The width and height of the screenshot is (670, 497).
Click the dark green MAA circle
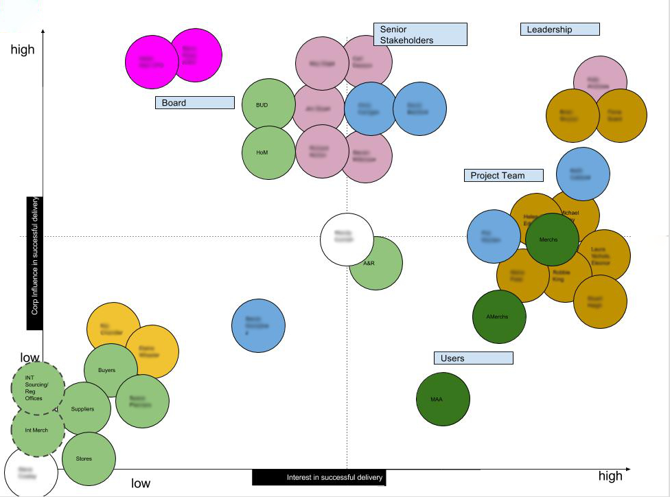pos(443,399)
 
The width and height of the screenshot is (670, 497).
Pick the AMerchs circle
pos(499,316)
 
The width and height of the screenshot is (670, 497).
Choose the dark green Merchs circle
pos(552,240)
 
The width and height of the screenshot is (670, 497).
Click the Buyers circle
pos(110,370)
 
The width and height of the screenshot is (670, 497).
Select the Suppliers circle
pos(84,409)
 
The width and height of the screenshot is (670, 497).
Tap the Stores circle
pos(89,459)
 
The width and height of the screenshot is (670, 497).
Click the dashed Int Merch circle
pos(38,430)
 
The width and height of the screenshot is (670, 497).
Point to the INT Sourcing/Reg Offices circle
pos(38,388)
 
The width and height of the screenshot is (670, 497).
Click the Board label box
pos(195,103)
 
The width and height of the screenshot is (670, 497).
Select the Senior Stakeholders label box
pos(420,34)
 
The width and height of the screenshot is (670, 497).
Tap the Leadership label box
pos(560,30)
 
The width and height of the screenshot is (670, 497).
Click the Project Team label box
pos(503,176)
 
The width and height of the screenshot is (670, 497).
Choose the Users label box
pos(474,358)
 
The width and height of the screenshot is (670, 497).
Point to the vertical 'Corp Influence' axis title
pos(34,264)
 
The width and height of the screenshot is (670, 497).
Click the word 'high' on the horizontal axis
pos(610,476)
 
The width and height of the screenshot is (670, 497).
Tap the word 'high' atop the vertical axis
pos(23,50)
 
